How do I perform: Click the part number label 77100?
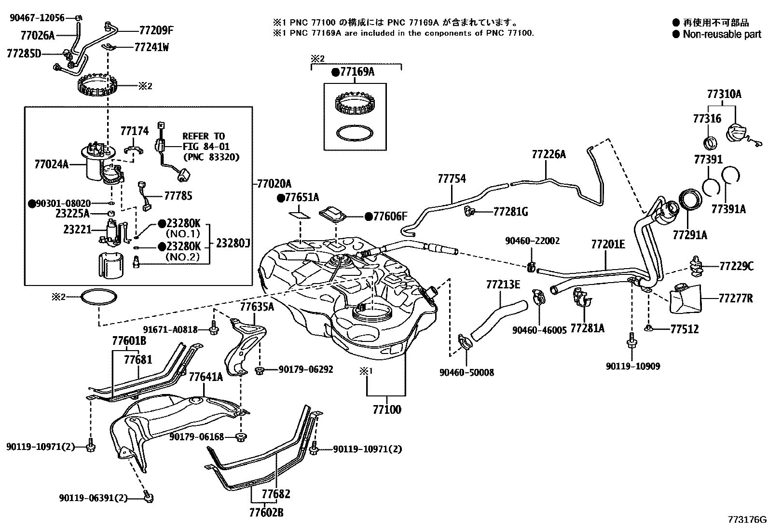386,410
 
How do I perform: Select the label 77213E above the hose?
503,285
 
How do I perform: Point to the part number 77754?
452,179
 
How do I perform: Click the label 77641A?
206,377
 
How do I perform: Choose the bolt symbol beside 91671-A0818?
214,330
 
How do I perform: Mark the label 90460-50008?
466,372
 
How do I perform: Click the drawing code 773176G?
747,520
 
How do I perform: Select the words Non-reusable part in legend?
722,34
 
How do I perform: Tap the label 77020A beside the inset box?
274,184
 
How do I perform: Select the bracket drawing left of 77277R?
685,297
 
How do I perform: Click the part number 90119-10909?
633,366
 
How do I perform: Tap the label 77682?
276,494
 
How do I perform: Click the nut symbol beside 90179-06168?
240,437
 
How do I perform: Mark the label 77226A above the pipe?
549,154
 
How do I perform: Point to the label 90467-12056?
37,17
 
